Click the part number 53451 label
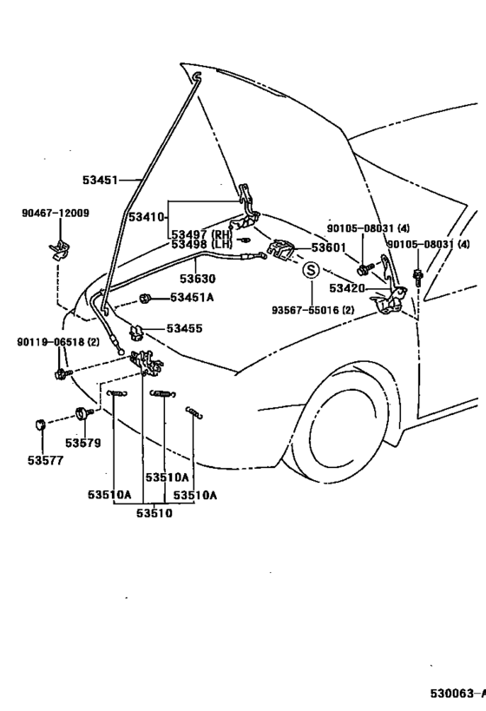pos(100,180)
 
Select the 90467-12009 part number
pos(56,213)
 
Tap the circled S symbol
pos(311,270)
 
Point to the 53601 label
pos(329,247)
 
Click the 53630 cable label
pos(197,279)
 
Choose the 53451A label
pos(192,298)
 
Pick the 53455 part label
pos(185,328)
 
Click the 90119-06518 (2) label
pos(58,342)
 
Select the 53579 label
pos(83,443)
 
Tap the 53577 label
pos(45,460)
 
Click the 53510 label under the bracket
pos(154,513)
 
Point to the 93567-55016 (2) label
pos(313,310)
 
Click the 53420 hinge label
pos(347,288)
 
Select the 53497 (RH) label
pos(200,235)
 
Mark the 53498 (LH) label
pos(200,245)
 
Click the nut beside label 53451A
pos(145,299)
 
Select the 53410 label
pos(146,217)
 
